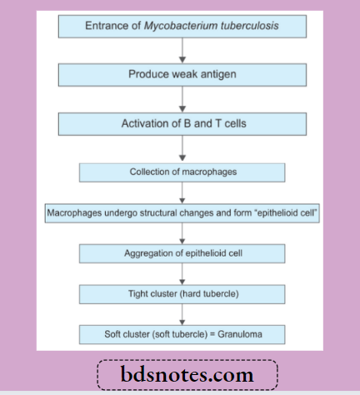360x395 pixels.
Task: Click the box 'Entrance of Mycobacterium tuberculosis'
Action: [x=182, y=26]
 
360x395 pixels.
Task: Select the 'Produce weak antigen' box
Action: [x=182, y=75]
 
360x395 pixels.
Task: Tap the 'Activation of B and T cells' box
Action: [x=182, y=124]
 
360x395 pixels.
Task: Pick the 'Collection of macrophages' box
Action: [x=182, y=172]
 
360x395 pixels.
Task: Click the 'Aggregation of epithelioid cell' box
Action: [x=182, y=252]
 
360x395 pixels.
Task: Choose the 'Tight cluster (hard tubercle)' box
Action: [x=182, y=293]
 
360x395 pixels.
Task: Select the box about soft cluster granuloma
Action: [x=182, y=334]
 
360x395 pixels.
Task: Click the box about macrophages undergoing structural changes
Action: [x=182, y=212]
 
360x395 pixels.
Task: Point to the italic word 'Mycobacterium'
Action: [x=182, y=26]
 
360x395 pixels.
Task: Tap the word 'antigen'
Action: [x=217, y=76]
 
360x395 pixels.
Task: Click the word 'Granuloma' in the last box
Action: [x=253, y=334]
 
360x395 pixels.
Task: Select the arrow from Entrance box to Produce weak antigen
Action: [x=182, y=50]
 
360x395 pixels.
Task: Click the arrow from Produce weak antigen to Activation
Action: [x=182, y=99]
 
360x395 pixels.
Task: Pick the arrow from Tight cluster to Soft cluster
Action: [x=182, y=314]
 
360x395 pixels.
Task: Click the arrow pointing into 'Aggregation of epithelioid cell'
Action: [x=182, y=232]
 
